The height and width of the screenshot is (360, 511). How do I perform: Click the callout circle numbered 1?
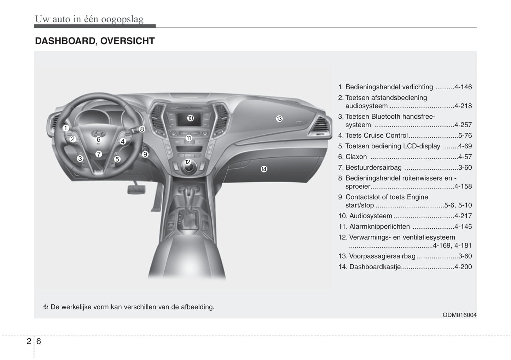pyautogui.click(x=66, y=128)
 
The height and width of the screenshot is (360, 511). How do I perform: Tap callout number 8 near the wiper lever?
pyautogui.click(x=142, y=129)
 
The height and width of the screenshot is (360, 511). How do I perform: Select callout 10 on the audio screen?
pyautogui.click(x=190, y=118)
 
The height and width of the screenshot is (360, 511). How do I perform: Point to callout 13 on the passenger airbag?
pyautogui.click(x=279, y=119)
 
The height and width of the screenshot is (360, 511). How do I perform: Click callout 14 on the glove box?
pyautogui.click(x=264, y=169)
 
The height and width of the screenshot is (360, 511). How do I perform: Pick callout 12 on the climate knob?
pyautogui.click(x=188, y=162)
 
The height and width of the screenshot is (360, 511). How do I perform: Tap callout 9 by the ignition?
pyautogui.click(x=145, y=154)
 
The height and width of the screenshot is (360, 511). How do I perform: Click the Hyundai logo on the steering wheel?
pyautogui.click(x=98, y=133)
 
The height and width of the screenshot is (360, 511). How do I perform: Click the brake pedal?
pyautogui.click(x=136, y=190)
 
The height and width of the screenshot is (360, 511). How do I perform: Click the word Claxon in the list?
pyautogui.click(x=356, y=157)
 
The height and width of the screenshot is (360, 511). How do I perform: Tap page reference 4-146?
pyautogui.click(x=463, y=87)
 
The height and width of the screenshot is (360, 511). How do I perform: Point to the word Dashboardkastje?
pyautogui.click(x=375, y=267)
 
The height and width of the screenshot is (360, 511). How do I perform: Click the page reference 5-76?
pyautogui.click(x=465, y=136)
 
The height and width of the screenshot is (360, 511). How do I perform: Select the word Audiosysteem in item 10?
pyautogui.click(x=371, y=216)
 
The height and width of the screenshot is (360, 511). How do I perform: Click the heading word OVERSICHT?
pyautogui.click(x=128, y=41)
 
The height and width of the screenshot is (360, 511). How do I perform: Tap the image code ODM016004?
pyautogui.click(x=459, y=315)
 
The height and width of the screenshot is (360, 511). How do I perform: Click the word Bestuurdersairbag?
pyautogui.click(x=373, y=167)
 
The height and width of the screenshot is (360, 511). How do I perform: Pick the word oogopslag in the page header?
pyautogui.click(x=122, y=19)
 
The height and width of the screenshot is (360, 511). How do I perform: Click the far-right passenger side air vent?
pyautogui.click(x=320, y=125)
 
